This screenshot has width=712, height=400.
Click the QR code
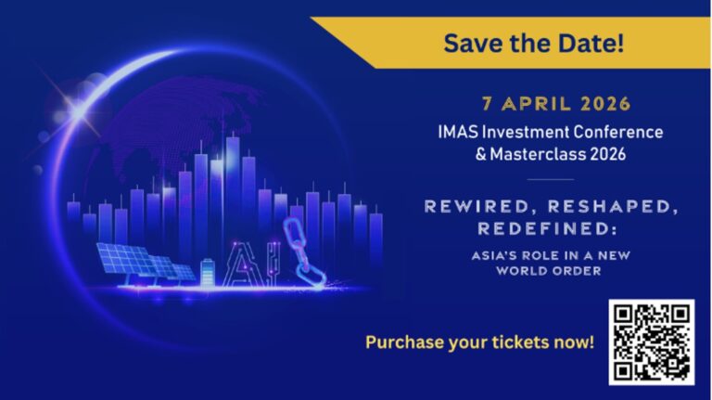tap(651, 342)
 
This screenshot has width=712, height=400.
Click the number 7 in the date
tap(486, 104)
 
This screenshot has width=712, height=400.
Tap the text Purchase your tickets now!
tap(479, 342)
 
